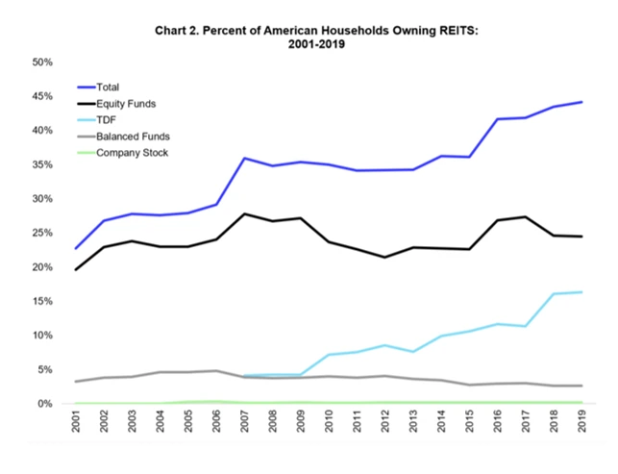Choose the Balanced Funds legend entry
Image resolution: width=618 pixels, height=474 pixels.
tap(133, 137)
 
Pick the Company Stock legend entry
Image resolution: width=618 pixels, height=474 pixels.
tap(132, 152)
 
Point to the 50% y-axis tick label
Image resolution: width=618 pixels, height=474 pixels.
tap(42, 62)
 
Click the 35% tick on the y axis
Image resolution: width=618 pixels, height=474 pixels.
tap(42, 165)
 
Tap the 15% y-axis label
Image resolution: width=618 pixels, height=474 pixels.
tap(42, 302)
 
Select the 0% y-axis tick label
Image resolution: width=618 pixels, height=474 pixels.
tap(45, 404)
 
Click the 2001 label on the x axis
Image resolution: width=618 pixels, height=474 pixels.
tap(77, 424)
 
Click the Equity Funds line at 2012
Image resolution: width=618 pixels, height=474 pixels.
tap(384, 257)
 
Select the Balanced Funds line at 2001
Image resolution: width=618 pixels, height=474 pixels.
tap(77, 382)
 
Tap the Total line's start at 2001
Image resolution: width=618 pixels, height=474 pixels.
tap(77, 249)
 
